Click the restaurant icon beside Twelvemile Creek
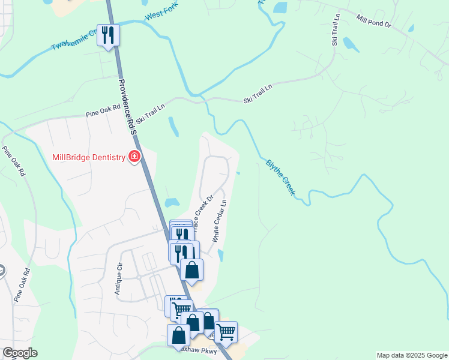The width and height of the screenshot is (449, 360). [x=108, y=35]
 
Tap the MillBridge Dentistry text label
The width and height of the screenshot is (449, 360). [x=88, y=157]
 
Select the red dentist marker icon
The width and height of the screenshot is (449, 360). [x=134, y=157]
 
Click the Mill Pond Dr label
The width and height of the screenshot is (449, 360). [x=373, y=22]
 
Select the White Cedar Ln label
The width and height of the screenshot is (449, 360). [x=219, y=221]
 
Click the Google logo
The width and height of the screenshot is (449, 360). [x=20, y=353]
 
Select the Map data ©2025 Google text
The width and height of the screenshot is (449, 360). [x=412, y=355]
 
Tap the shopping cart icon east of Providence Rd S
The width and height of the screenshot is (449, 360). [x=226, y=331]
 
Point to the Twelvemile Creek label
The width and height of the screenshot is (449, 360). [x=75, y=39]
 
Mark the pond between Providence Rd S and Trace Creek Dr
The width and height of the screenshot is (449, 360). [x=172, y=202]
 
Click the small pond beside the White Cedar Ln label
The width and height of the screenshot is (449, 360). [x=221, y=256]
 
